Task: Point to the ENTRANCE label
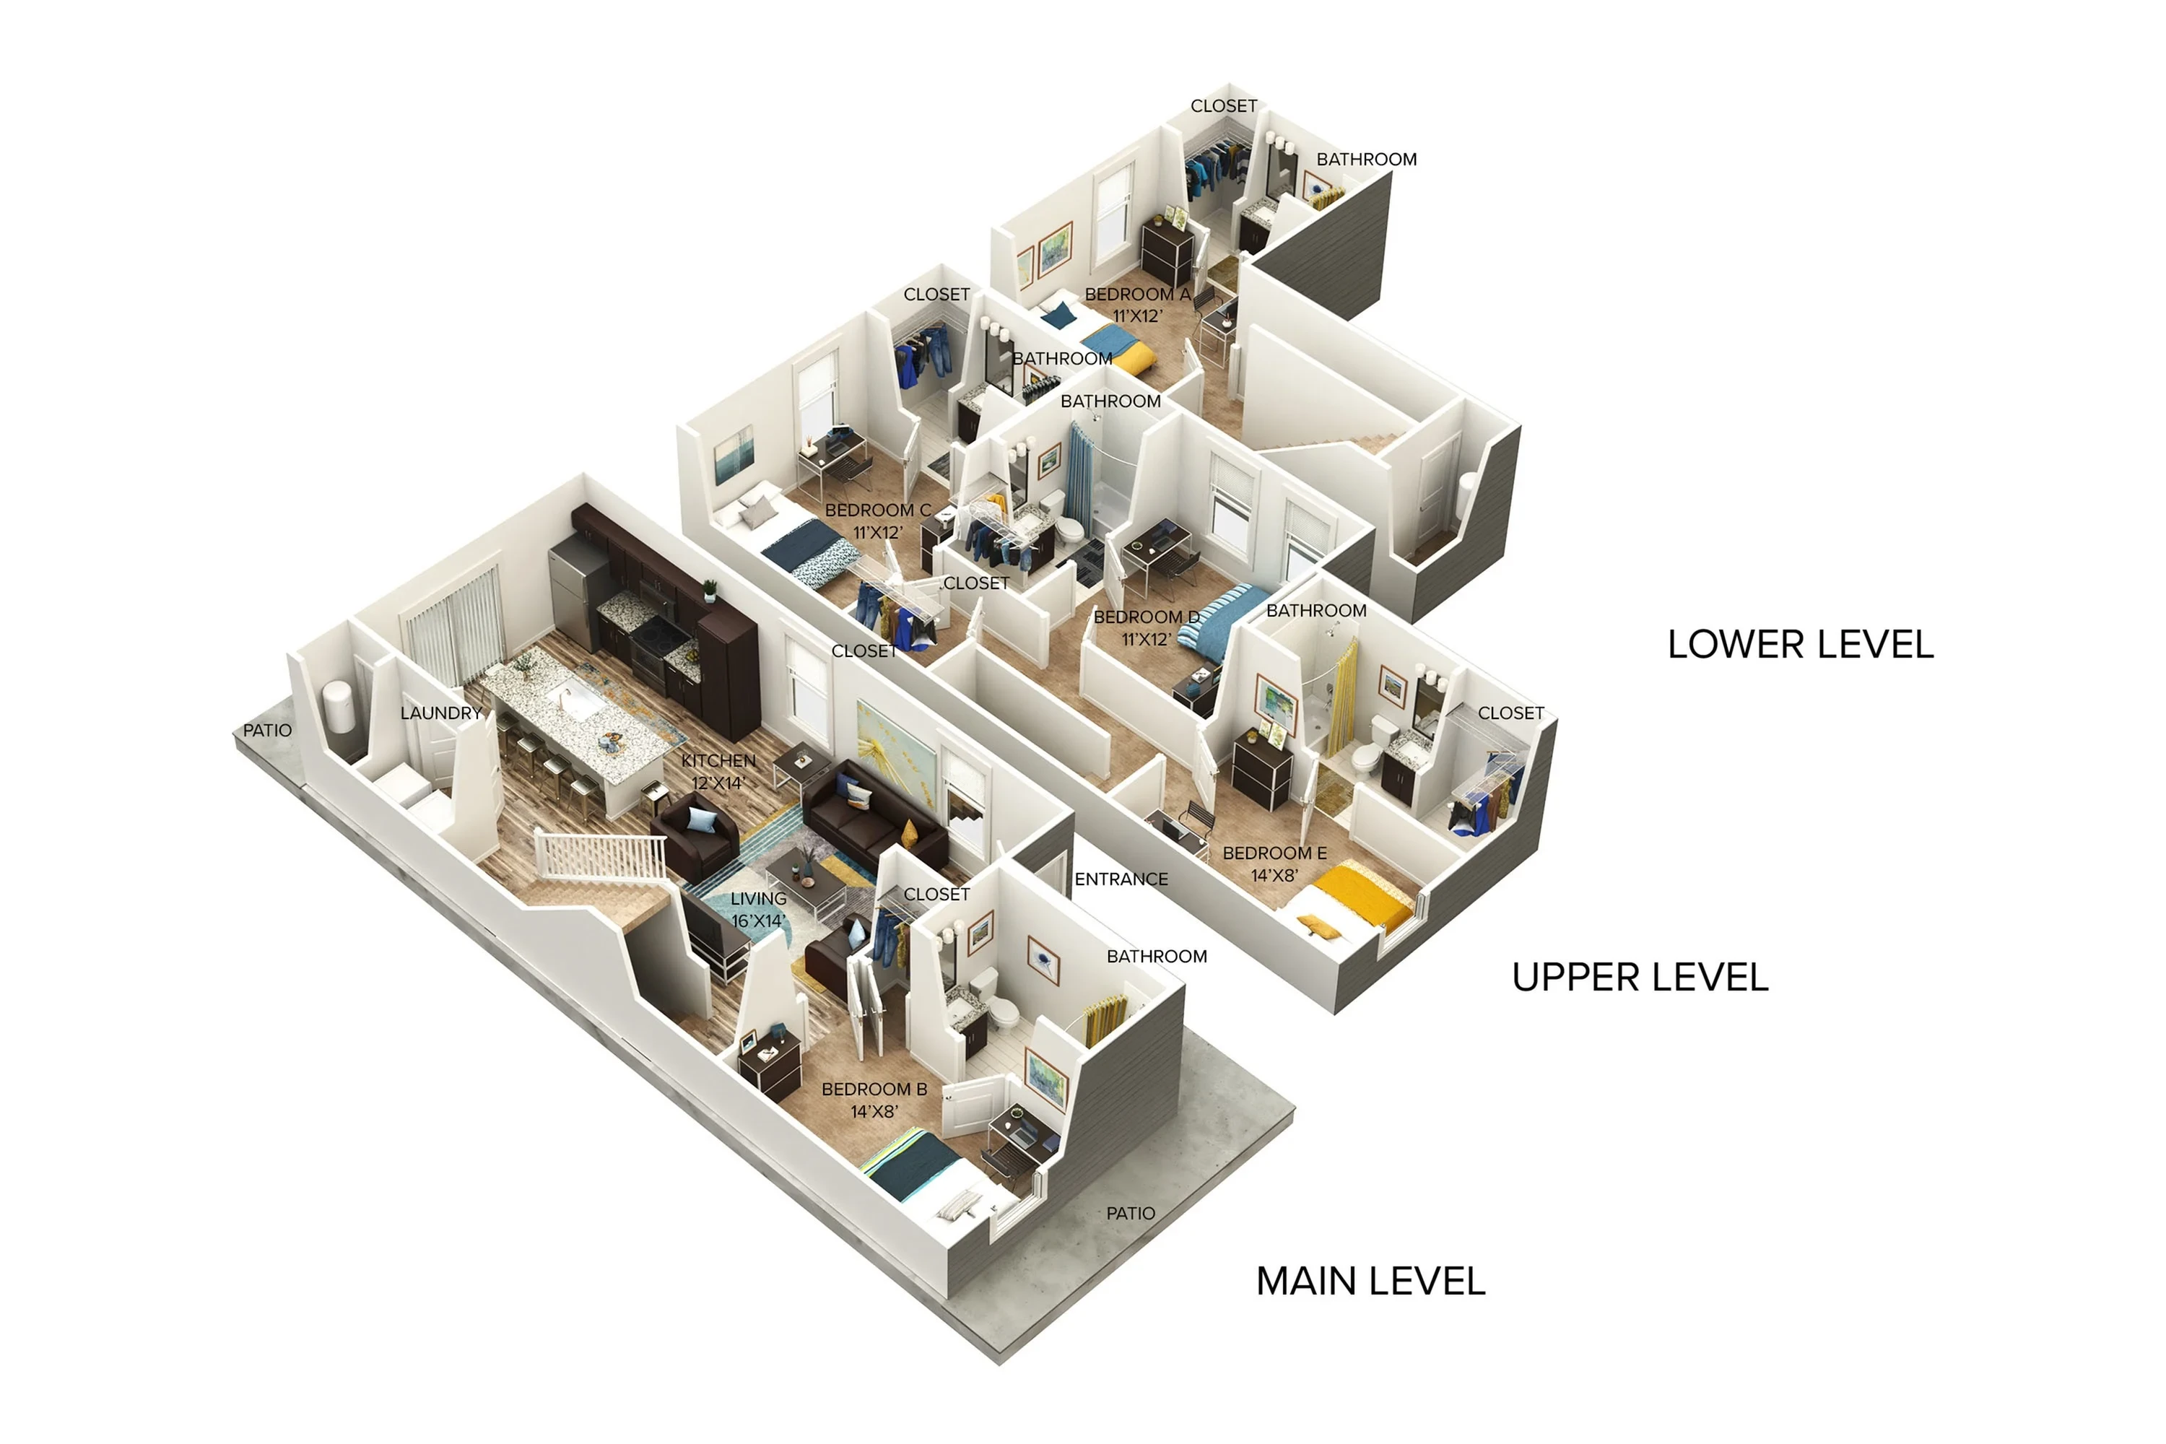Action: (1121, 879)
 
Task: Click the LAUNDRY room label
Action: (441, 713)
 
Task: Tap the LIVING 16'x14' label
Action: (758, 909)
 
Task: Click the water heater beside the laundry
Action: (340, 708)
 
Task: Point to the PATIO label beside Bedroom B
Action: (1130, 1214)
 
